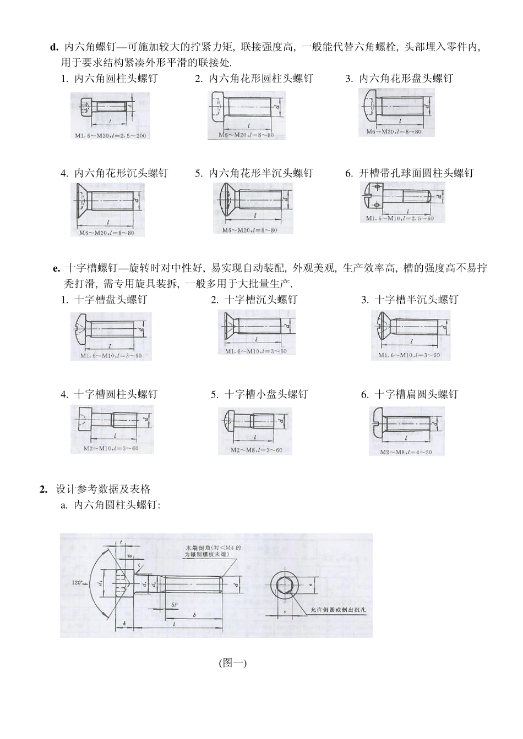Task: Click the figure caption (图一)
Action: pos(232,663)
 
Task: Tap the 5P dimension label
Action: pos(175,604)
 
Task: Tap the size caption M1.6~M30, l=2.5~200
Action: pos(111,135)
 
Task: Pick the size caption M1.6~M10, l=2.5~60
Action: pos(400,218)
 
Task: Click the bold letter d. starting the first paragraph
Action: pos(54,47)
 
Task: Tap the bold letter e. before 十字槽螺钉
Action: pos(56,268)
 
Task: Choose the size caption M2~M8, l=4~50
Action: pos(406,452)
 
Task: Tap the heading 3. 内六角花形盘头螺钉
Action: pos(399,79)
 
